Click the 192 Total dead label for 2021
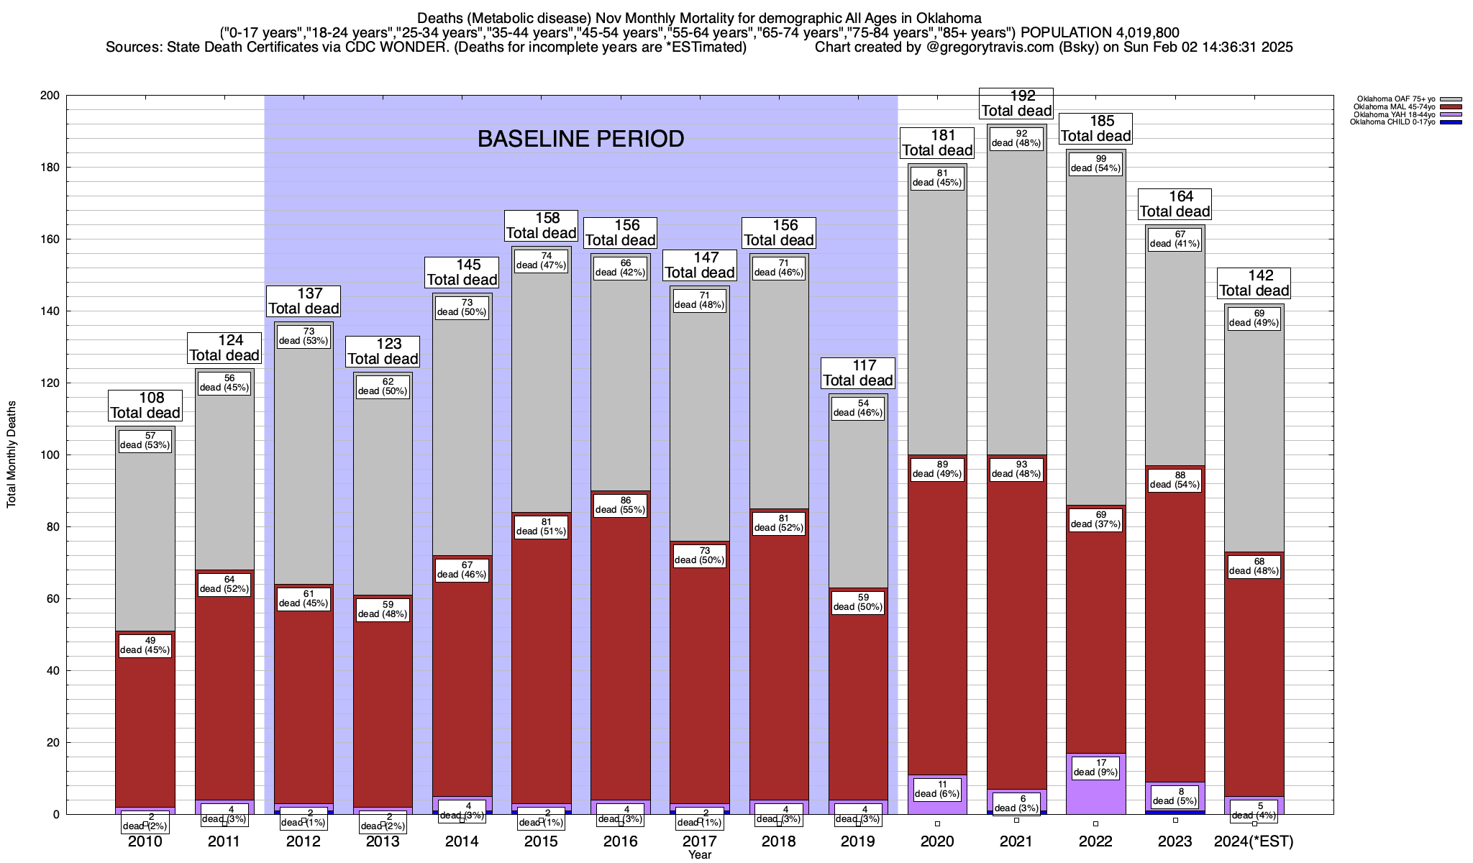[1017, 103]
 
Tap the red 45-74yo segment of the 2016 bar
[621, 647]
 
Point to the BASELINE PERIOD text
[580, 139]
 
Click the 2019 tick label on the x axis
[858, 841]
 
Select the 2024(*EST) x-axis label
[1254, 841]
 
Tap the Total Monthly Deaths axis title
[12, 455]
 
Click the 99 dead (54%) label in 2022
[1096, 164]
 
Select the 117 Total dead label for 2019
[858, 373]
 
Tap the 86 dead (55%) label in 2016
[621, 505]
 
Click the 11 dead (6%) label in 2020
[937, 789]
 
